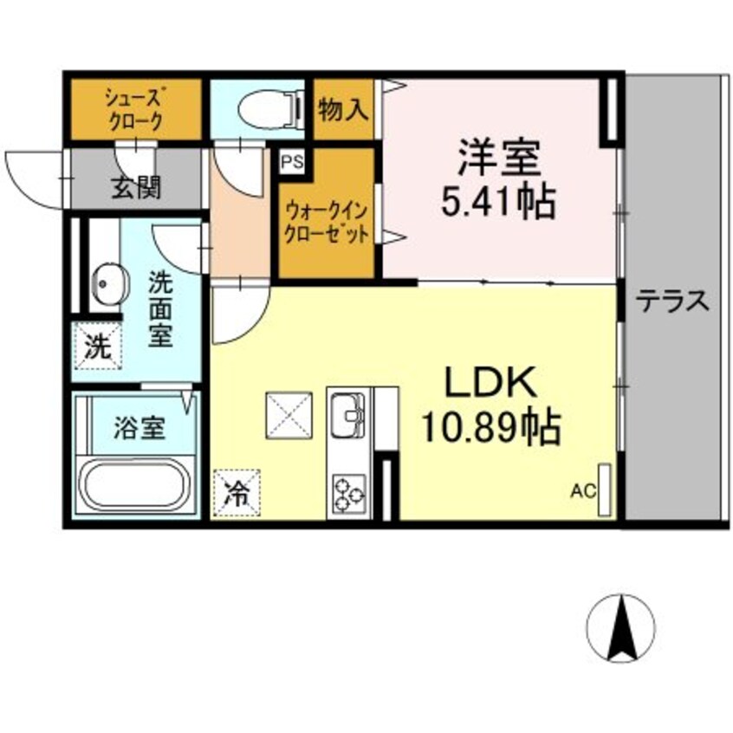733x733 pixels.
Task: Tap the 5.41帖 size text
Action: coord(498,203)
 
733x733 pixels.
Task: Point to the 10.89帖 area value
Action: coord(491,426)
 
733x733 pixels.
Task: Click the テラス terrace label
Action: coord(673,302)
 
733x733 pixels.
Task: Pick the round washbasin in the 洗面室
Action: coord(105,282)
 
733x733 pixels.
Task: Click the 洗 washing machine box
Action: coord(97,348)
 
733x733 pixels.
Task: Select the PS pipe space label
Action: coord(289,161)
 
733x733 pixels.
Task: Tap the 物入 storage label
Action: coord(344,110)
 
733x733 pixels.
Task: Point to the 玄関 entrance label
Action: coord(135,186)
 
